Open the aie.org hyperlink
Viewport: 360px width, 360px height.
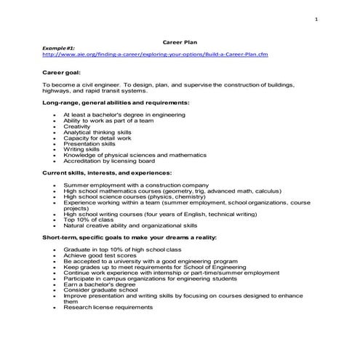click(151, 54)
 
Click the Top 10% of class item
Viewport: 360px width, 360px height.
click(89, 220)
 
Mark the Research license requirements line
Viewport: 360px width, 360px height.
click(108, 308)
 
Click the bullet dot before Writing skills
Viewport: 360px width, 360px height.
click(55, 150)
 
